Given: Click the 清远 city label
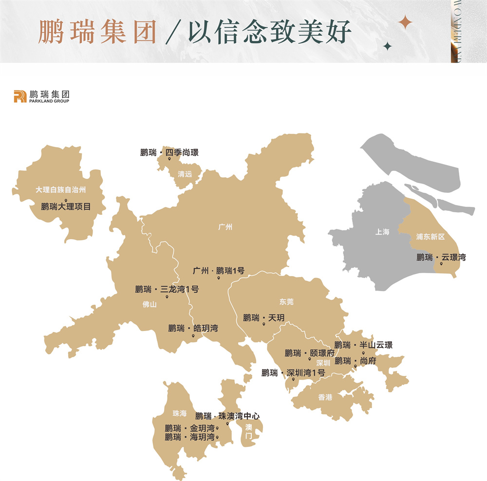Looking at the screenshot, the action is tap(185, 174).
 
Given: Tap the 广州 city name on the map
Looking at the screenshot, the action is tap(225, 227).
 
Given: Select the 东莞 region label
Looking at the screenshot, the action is tap(286, 302).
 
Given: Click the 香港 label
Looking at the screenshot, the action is tap(325, 397).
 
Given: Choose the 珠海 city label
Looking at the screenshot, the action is tap(179, 413).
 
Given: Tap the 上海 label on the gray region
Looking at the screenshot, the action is tap(382, 232).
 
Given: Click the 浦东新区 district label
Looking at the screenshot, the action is tap(431, 237).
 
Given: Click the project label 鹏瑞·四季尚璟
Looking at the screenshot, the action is tap(169, 152).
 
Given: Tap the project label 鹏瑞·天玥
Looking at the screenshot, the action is tap(263, 318).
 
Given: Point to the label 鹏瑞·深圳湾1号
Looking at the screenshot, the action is tap(293, 373).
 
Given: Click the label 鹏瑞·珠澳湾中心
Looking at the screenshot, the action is tap(227, 416).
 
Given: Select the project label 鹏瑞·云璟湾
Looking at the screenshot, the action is tap(441, 257).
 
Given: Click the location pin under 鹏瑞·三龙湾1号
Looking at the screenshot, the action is tap(167, 296).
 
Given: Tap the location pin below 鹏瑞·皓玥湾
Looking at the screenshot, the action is tap(193, 336).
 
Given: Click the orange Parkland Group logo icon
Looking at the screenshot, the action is tap(20, 96).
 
